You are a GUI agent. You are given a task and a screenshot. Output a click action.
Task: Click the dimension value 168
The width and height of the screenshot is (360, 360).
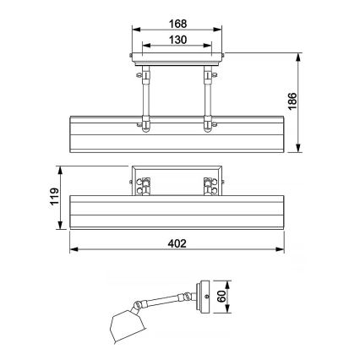[176, 23]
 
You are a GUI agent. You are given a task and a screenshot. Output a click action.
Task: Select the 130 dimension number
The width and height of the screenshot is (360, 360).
[176, 40]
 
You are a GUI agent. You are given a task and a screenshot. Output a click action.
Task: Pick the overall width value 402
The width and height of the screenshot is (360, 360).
[176, 243]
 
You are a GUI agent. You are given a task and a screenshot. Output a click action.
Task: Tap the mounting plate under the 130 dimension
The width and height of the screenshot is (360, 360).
[176, 59]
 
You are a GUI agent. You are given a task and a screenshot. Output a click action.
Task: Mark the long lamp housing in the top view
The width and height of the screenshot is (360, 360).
[176, 135]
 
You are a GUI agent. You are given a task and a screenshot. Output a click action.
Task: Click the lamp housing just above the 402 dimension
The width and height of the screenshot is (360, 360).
[176, 211]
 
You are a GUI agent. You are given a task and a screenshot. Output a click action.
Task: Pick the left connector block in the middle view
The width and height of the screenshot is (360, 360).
[144, 184]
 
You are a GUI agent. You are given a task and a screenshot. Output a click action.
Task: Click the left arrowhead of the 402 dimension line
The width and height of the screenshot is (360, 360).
[71, 251]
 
